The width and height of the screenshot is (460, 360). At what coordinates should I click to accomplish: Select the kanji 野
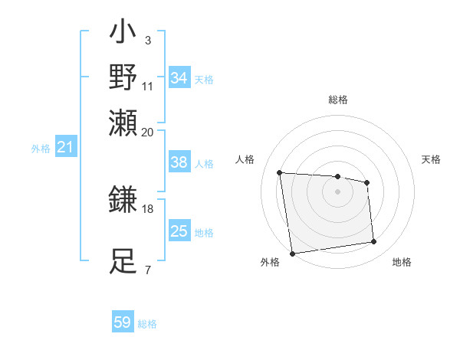pyautogui.click(x=123, y=77)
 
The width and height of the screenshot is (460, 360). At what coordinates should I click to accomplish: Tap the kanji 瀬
pyautogui.click(x=123, y=122)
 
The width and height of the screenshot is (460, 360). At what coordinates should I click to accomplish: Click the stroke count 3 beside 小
pyautogui.click(x=147, y=40)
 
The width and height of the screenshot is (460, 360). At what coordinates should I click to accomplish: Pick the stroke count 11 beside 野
pyautogui.click(x=148, y=85)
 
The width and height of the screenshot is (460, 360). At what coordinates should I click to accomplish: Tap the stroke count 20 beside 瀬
pyautogui.click(x=148, y=131)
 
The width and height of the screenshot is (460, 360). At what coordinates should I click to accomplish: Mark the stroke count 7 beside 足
pyautogui.click(x=147, y=270)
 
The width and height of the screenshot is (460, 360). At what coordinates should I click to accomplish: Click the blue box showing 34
pyautogui.click(x=179, y=78)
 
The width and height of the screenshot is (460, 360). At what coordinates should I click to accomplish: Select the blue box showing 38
pyautogui.click(x=179, y=162)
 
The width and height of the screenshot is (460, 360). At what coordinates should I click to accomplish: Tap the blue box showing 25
pyautogui.click(x=179, y=231)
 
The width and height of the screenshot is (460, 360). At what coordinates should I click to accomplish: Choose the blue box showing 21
pyautogui.click(x=64, y=147)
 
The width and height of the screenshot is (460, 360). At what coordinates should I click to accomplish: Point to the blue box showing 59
pyautogui.click(x=123, y=322)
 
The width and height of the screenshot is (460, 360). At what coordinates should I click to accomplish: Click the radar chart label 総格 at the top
pyautogui.click(x=337, y=100)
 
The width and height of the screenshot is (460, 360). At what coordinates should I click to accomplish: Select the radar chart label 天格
pyautogui.click(x=431, y=159)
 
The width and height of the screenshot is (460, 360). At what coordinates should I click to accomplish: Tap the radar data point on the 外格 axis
pyautogui.click(x=292, y=254)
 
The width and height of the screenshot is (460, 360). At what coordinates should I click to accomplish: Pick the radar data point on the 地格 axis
pyautogui.click(x=374, y=242)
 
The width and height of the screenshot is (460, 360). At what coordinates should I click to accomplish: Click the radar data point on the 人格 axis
pyautogui.click(x=280, y=172)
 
